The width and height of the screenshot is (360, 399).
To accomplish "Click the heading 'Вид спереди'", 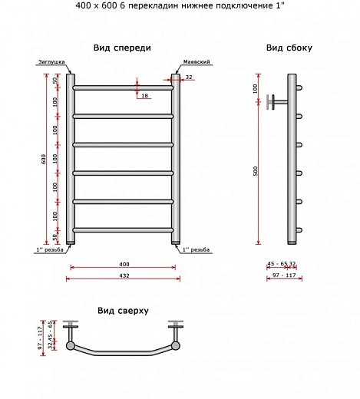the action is (122, 48).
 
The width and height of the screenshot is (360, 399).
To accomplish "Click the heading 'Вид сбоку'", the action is (289, 48).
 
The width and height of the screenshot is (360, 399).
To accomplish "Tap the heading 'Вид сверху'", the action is (123, 311).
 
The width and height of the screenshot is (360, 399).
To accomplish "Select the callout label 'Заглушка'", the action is (51, 61).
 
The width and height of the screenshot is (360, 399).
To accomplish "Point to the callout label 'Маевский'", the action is (197, 61).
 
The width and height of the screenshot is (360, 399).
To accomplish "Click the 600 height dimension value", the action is (44, 159).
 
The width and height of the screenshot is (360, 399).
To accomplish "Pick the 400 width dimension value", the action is (124, 264).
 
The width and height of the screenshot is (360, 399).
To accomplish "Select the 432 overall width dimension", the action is (124, 275).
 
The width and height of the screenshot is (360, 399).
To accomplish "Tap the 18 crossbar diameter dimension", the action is (145, 96).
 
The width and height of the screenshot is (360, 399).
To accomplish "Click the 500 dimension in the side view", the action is (256, 171).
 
